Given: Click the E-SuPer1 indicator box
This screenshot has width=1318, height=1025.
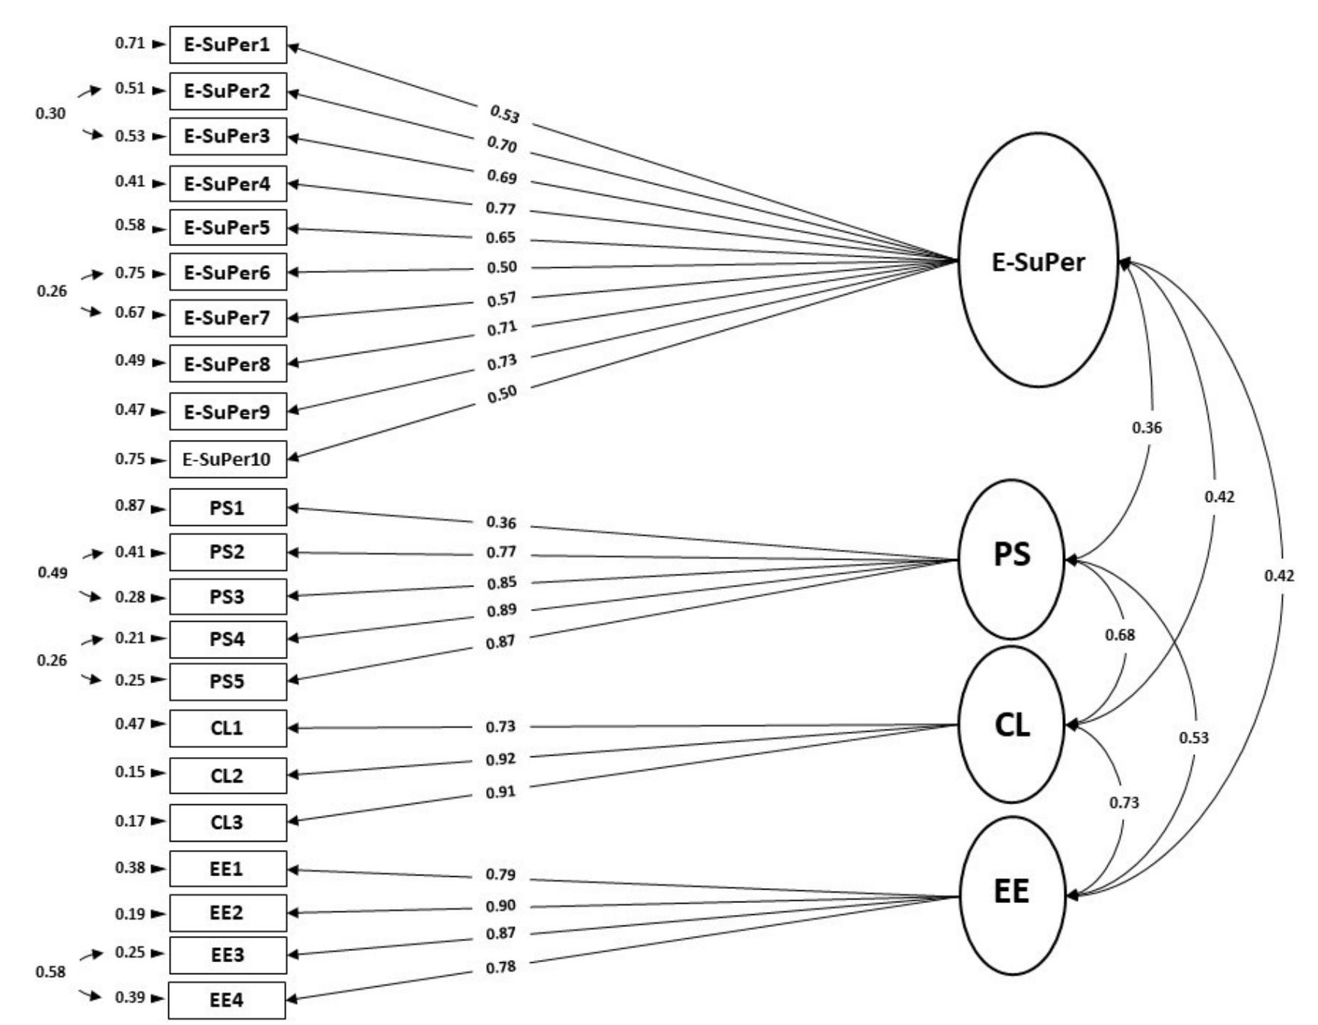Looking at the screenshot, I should [227, 45].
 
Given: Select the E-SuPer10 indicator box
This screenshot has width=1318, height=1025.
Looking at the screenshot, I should [227, 459].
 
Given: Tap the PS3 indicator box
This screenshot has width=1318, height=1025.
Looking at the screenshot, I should [227, 597].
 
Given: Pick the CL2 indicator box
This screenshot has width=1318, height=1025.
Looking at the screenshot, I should [227, 776].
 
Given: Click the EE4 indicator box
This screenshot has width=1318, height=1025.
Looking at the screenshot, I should [227, 1000].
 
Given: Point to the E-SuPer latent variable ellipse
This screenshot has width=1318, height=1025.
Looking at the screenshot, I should [1037, 261].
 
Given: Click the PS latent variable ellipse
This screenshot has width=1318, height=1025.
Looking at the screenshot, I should [1011, 559].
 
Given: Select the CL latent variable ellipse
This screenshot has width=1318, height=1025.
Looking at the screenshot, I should [1011, 724].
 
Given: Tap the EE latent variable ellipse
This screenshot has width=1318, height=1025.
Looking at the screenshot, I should [1011, 894].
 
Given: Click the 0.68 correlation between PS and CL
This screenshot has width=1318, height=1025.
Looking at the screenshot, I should [1120, 635].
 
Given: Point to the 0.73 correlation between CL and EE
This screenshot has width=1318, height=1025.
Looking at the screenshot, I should [1124, 803].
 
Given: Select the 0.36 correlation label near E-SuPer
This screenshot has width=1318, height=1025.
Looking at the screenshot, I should [1147, 428].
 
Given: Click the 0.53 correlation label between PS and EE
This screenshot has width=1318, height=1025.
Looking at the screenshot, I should [1194, 738].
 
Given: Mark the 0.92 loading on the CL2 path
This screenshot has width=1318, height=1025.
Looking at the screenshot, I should [500, 759].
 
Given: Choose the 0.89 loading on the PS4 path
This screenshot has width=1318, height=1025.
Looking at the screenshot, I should [501, 611].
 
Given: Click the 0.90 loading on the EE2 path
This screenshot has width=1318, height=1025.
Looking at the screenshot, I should [500, 906].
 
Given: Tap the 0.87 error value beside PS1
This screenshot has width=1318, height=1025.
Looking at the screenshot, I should [129, 506].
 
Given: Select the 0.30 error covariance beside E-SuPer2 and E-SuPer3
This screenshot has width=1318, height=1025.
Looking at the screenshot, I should [50, 114].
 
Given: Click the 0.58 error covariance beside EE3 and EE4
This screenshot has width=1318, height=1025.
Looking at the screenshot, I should [50, 973].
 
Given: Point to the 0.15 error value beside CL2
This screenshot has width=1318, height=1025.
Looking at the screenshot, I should [129, 772].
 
